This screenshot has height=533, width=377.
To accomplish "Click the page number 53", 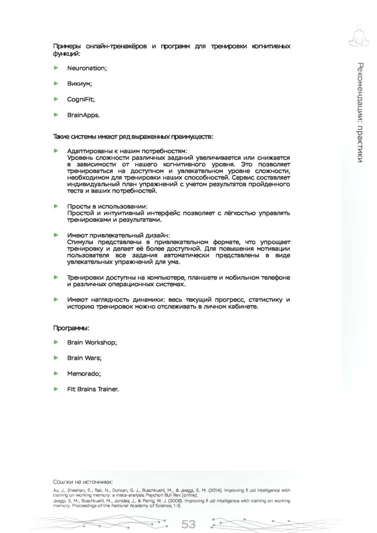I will [188, 524].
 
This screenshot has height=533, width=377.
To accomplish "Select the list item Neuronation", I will [87, 68].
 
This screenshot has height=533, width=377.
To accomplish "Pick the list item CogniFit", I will [81, 99].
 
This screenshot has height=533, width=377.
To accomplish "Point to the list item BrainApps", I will [83, 115].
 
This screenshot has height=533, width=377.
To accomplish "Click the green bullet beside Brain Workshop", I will [56, 342].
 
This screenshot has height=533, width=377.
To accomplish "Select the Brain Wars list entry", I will [84, 358].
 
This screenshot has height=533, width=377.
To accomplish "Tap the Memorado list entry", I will [84, 374].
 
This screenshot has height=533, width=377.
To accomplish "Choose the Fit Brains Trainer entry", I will [93, 389].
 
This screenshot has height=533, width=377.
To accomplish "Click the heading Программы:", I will [71, 328].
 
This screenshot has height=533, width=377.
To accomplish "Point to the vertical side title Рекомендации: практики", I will [360, 112].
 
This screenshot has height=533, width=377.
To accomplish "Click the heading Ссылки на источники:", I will [83, 482].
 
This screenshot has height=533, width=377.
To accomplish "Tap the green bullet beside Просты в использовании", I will [56, 206].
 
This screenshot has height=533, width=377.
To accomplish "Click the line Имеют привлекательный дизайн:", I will [118, 235].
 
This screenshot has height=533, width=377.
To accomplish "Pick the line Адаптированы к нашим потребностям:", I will [127, 150].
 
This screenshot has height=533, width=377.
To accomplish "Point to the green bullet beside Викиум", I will [56, 84].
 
